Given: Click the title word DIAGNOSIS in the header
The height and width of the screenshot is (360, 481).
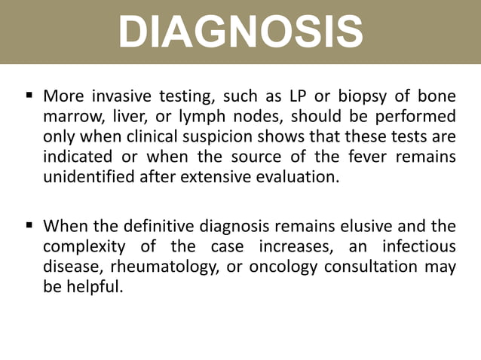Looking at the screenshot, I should pyautogui.click(x=240, y=32).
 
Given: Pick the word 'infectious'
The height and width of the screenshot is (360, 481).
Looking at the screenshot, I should pyautogui.click(x=418, y=245).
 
